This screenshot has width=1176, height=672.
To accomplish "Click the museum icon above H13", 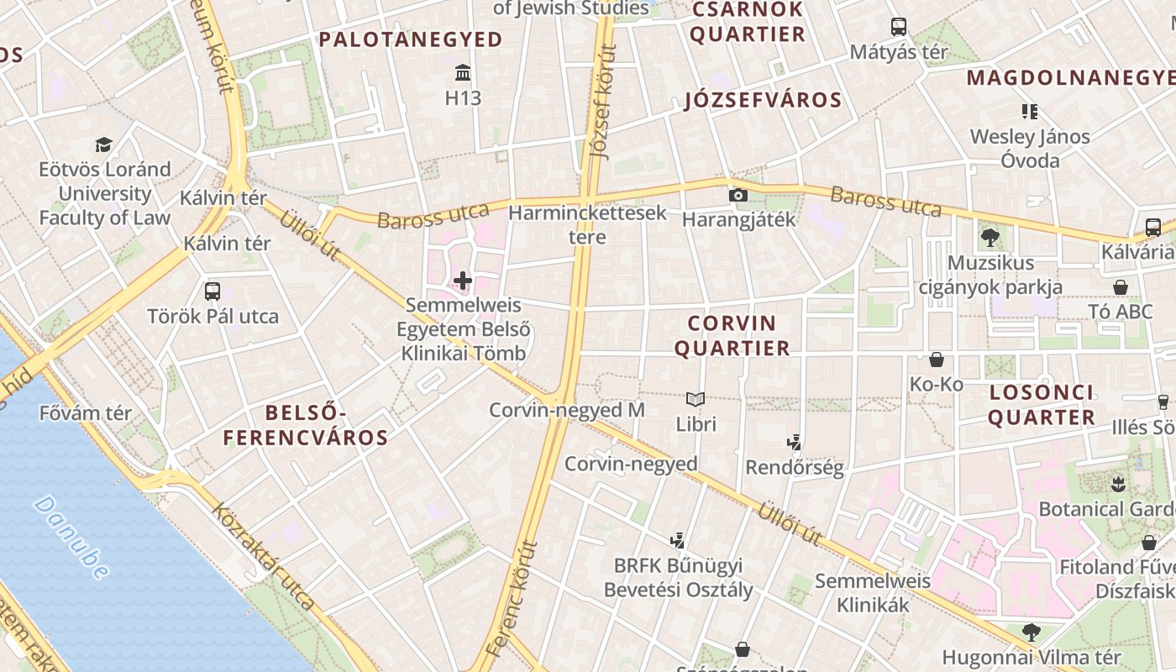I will pos(462,71).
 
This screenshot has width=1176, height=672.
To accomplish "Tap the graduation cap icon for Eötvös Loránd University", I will pos(103,144).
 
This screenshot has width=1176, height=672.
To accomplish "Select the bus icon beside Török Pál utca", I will pos(213,291).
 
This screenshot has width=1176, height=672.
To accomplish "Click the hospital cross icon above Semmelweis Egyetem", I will pos(462,280).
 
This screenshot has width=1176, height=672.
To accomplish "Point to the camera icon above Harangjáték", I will pos(738,195).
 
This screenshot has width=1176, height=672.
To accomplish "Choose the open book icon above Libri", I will pos(696,399).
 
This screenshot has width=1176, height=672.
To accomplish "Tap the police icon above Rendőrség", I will pos(794,442).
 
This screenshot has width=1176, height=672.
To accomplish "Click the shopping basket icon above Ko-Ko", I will pos(936,360).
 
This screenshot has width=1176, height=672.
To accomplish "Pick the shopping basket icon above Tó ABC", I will pos(1120,287).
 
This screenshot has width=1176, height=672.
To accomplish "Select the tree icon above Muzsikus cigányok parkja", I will pos(990,237).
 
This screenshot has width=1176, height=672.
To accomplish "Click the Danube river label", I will pos(72,538).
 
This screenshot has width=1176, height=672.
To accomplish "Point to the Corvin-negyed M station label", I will pos(567,410).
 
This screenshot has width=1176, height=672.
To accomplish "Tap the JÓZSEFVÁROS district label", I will pos(763,100).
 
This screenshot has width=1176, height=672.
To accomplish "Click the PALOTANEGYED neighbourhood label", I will pos(410,39).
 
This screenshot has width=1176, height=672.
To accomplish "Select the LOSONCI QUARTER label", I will pos(1042,404).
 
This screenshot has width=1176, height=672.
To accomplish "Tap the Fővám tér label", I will pos(86,413).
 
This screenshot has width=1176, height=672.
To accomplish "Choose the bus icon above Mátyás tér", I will pos(899,26).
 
